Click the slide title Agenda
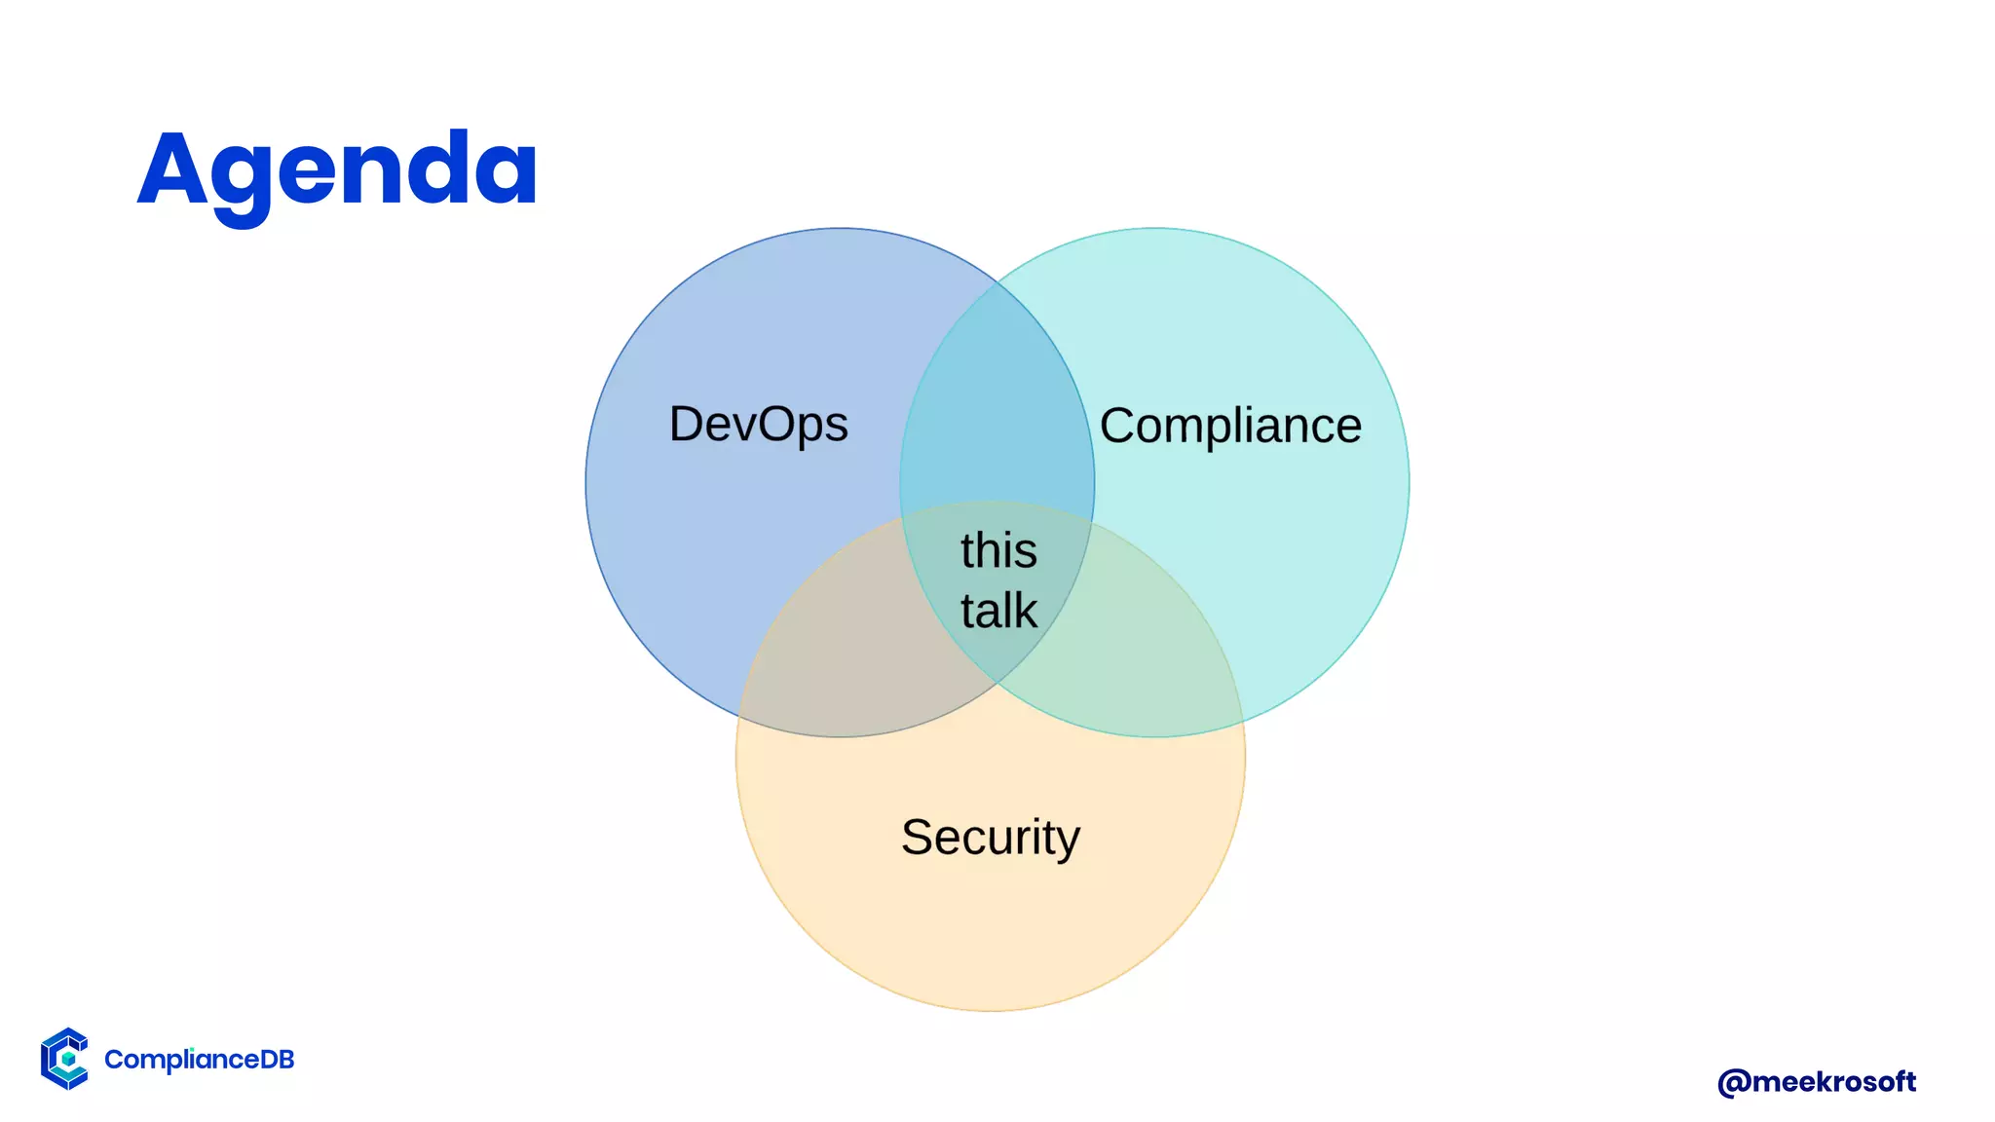[x=337, y=169]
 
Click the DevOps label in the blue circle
[x=758, y=425]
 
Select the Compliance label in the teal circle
[x=1230, y=426]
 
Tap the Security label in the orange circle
[x=991, y=838]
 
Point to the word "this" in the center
[x=998, y=550]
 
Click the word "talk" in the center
[x=998, y=611]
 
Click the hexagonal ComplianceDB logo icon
[x=64, y=1059]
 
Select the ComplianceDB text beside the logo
[x=199, y=1060]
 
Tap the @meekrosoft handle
[x=1817, y=1081]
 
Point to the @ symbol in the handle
[x=1734, y=1082]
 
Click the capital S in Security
[x=918, y=838]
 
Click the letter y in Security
[x=1067, y=841]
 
